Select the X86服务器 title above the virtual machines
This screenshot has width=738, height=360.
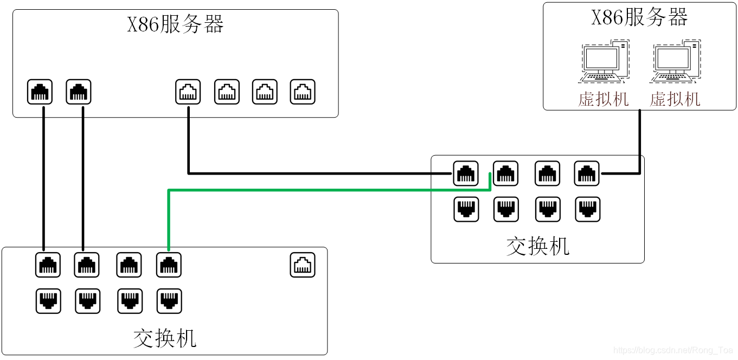pos(639,17)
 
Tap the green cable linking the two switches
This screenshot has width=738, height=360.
pos(325,190)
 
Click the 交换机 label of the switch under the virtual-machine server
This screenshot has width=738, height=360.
pos(537,246)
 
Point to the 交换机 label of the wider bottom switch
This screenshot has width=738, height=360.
pos(164,338)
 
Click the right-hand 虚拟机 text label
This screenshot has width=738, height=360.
pos(675,99)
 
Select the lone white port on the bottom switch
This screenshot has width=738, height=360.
pos(302,265)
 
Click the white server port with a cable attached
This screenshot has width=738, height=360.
pos(188,92)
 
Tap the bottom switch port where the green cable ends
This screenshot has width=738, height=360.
pos(169,265)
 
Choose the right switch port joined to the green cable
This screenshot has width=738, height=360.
pos(505,173)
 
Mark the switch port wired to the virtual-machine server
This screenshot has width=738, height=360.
pos(586,173)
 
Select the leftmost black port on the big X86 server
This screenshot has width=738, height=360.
pos(40,92)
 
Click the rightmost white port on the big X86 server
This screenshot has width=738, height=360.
pos(302,92)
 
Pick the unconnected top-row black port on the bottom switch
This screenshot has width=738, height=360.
pos(129,265)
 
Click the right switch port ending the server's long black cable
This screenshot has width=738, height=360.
pos(465,173)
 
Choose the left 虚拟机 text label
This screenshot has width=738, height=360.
pos(603,99)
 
